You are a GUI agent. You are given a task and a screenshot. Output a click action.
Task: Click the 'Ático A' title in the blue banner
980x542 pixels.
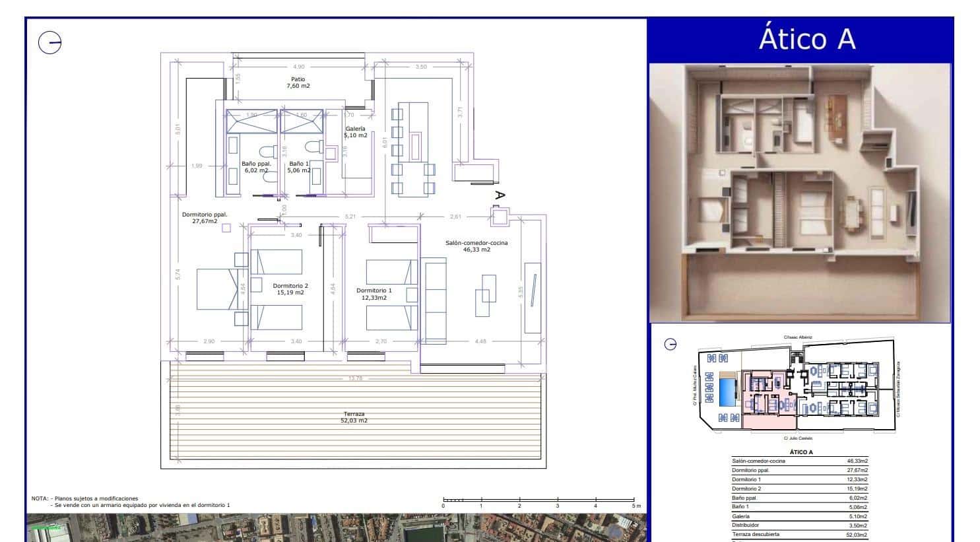click(x=806, y=38)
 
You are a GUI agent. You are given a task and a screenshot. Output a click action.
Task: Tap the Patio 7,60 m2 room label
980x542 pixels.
click(x=298, y=83)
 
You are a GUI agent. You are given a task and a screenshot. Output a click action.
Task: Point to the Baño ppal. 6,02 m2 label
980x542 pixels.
click(x=256, y=167)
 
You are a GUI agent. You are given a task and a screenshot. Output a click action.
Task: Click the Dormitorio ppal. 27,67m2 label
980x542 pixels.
click(x=205, y=218)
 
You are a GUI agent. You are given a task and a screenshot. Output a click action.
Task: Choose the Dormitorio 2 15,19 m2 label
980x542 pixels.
click(x=290, y=289)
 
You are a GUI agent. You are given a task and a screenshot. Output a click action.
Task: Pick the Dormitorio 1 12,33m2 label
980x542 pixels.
click(x=374, y=294)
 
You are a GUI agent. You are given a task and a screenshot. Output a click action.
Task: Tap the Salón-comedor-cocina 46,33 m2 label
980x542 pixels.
click(x=476, y=246)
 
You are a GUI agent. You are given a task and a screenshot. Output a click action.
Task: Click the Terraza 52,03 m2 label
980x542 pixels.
click(x=354, y=417)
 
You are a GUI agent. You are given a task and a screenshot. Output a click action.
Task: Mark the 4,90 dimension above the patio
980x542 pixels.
click(x=299, y=67)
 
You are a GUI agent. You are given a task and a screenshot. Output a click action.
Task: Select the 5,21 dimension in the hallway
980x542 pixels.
click(x=350, y=217)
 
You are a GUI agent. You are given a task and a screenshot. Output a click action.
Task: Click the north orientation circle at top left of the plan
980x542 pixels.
click(x=49, y=43)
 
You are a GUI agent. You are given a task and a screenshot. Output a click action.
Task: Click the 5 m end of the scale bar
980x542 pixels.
click(x=634, y=506)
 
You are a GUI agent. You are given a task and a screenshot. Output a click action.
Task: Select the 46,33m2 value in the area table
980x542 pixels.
click(x=857, y=461)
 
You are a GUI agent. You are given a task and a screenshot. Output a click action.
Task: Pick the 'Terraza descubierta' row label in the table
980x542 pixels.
click(x=756, y=534)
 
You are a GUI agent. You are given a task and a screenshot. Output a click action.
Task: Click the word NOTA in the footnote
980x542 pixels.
click(x=40, y=498)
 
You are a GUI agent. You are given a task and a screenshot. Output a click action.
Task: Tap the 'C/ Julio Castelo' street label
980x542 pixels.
click(x=798, y=438)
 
